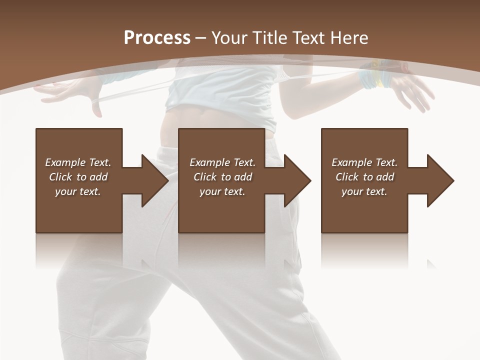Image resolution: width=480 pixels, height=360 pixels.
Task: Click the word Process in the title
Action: tap(157, 38)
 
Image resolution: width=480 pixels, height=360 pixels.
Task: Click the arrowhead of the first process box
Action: tap(154, 180)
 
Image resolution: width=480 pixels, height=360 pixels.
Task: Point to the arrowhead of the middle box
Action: tap(297, 180)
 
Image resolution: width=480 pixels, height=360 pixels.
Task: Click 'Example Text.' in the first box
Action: tap(78, 162)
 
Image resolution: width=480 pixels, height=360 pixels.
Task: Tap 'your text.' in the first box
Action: tap(78, 191)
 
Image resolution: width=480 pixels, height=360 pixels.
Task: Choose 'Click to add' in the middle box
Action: tap(222, 177)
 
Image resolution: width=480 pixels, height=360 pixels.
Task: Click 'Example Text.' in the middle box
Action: tap(222, 162)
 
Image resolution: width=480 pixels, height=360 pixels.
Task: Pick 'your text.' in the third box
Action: tap(364, 191)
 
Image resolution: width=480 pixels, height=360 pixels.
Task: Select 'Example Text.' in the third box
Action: tap(364, 162)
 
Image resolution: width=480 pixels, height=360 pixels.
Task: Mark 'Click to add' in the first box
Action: tap(78, 177)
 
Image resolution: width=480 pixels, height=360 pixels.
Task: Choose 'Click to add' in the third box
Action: tap(364, 177)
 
